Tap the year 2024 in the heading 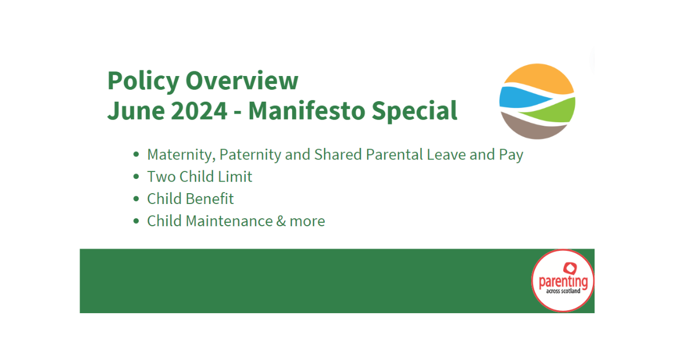coord(199,110)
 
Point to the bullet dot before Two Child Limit coord(135,177)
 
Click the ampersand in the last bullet coord(281,221)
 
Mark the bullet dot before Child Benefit coord(135,199)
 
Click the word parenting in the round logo coord(563,282)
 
